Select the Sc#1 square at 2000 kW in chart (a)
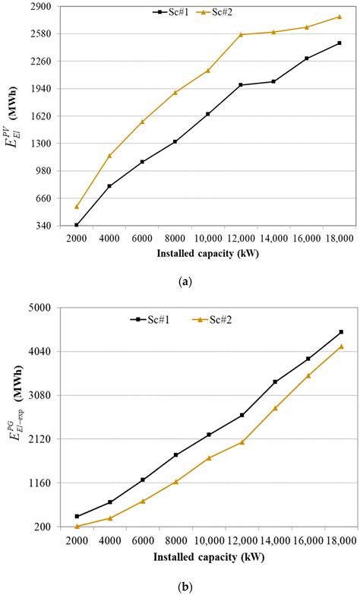tap(77, 225)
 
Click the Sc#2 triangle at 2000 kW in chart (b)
tap(77, 526)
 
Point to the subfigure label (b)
tap(185, 587)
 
